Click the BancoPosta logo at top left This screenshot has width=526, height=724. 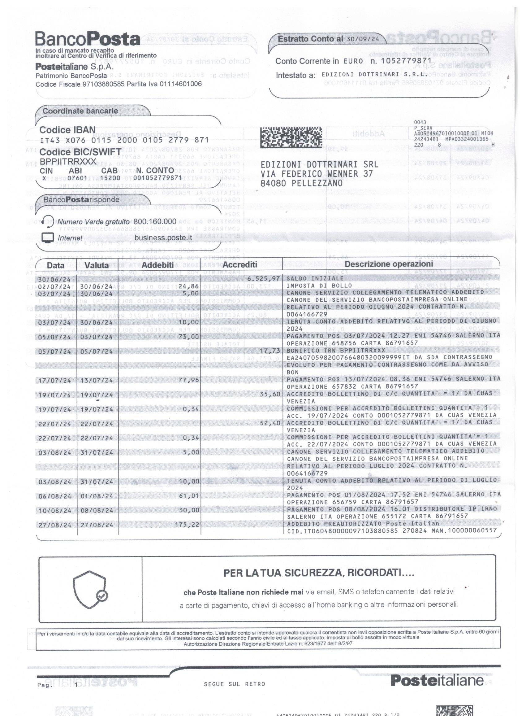click(87, 39)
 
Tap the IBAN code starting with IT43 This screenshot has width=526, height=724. click(124, 140)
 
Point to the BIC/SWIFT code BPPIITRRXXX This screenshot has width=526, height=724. click(68, 162)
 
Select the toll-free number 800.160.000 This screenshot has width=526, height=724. click(155, 221)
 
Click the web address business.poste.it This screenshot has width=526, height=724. click(163, 238)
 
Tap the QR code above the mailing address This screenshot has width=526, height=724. click(291, 137)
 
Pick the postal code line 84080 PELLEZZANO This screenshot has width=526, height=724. click(301, 183)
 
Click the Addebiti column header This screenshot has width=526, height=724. click(157, 265)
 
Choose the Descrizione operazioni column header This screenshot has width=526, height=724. click(389, 264)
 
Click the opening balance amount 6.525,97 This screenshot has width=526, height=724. click(264, 279)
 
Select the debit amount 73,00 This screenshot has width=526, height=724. click(189, 337)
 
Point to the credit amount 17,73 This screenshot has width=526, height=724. click(270, 351)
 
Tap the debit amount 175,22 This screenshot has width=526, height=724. click(187, 524)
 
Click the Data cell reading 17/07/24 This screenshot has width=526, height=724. click(54, 380)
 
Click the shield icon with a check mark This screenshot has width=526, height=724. click(90, 593)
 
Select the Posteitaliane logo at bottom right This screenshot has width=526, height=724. click(437, 680)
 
